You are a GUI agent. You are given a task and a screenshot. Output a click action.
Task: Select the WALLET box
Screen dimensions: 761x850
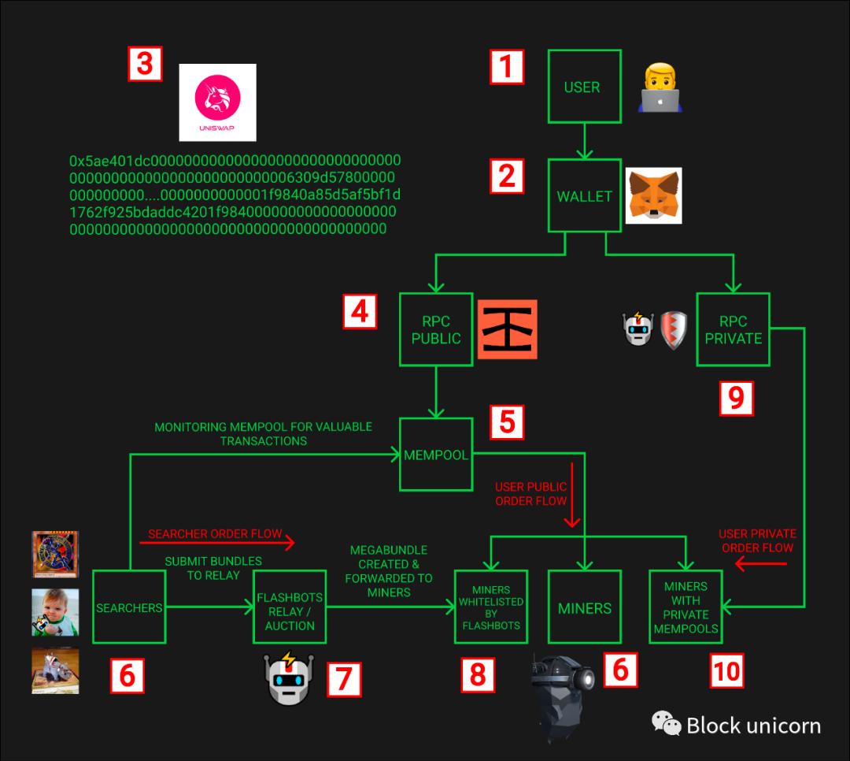click(x=584, y=196)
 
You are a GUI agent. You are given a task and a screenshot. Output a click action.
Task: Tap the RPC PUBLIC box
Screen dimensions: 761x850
click(x=436, y=329)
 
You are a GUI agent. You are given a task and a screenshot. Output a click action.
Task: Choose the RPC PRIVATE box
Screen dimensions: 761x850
click(x=733, y=329)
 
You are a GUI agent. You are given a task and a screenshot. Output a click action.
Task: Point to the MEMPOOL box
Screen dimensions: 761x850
click(x=436, y=455)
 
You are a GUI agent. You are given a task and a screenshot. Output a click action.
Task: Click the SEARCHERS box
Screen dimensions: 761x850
click(x=129, y=607)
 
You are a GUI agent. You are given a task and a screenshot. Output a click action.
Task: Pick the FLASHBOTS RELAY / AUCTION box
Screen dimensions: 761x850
click(x=290, y=607)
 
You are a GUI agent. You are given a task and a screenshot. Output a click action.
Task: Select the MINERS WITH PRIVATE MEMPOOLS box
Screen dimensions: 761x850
click(x=686, y=607)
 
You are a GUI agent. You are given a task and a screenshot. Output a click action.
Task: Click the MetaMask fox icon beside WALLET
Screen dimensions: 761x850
click(x=653, y=195)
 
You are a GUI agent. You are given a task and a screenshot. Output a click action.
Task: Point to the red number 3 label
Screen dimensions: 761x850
click(x=145, y=64)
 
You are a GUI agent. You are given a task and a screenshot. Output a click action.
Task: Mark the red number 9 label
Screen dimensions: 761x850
click(x=737, y=398)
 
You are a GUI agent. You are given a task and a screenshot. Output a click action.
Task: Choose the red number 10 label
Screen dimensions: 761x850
click(x=726, y=670)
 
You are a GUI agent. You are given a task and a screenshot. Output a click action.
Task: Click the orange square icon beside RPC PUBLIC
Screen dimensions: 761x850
click(x=507, y=329)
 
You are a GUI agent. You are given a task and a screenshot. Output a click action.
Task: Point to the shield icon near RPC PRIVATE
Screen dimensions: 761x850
click(x=673, y=330)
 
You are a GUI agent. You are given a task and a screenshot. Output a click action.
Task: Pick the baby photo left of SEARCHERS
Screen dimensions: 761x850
click(x=55, y=611)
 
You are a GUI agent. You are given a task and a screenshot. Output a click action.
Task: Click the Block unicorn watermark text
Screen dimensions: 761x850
click(x=752, y=725)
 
